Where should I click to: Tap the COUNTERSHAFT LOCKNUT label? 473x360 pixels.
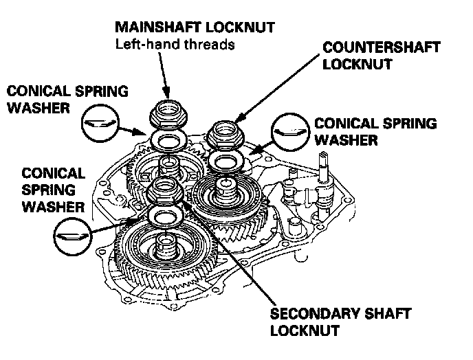[x=380, y=56]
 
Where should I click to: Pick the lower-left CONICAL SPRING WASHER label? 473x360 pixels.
[x=53, y=188]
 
